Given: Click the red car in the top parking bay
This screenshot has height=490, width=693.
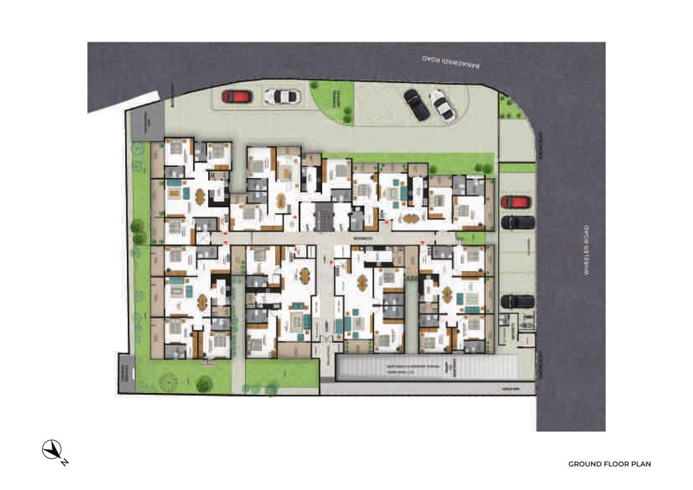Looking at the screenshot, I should [237, 97].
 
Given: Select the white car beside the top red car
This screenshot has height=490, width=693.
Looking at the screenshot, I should [282, 96].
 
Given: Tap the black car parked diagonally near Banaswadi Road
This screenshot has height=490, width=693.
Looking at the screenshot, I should [416, 105].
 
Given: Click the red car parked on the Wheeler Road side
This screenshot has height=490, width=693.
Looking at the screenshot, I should [516, 202].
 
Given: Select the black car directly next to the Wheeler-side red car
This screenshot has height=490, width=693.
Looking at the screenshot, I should [518, 222].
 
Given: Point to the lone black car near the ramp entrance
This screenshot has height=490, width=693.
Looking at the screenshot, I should [518, 301].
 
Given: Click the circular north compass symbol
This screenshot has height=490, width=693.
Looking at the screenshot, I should [51, 450].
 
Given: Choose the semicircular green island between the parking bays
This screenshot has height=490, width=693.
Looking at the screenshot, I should [333, 100].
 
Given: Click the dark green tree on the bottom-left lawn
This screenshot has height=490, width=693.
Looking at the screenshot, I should [204, 383].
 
